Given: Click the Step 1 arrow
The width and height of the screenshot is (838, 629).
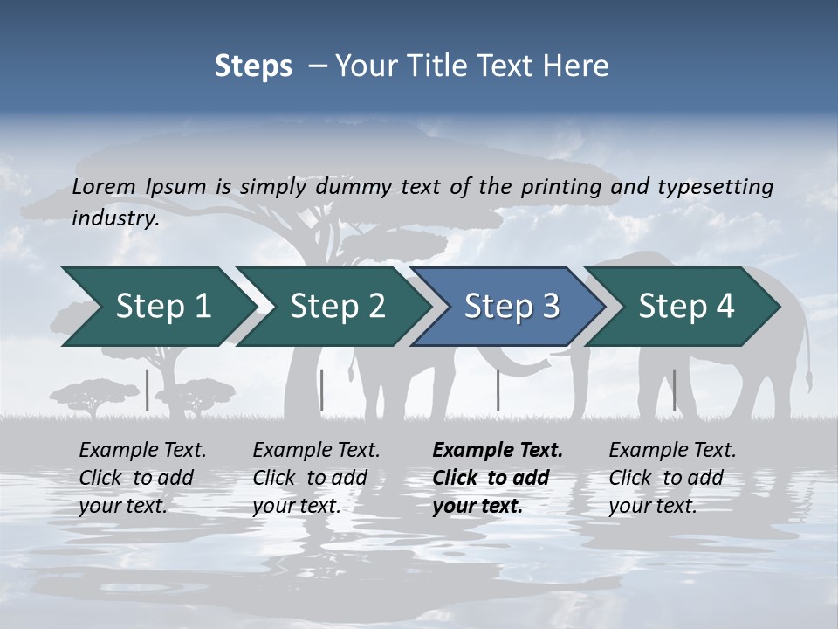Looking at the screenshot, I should click(157, 307).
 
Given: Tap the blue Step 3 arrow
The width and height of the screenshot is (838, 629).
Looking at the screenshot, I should click(510, 307).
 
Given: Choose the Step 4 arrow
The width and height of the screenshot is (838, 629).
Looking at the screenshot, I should click(685, 307).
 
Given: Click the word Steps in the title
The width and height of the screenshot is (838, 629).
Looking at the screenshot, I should click(253, 66).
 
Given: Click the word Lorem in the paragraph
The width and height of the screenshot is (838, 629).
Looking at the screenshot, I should click(104, 186).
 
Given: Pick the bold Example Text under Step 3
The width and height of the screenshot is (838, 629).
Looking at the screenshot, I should click(498, 451).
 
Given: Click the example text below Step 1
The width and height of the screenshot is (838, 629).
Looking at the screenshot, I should click(142, 478).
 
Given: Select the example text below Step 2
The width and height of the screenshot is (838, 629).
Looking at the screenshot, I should click(316, 478).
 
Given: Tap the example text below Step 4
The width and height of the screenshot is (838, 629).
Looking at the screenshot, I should click(672, 478).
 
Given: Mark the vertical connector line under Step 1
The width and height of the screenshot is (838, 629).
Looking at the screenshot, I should click(148, 390).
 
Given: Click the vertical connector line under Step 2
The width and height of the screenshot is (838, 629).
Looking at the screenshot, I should click(322, 390).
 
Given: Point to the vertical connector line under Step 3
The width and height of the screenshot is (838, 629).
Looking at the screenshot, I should click(498, 390).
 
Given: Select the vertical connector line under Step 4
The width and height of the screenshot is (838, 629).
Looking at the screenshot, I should click(674, 390).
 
